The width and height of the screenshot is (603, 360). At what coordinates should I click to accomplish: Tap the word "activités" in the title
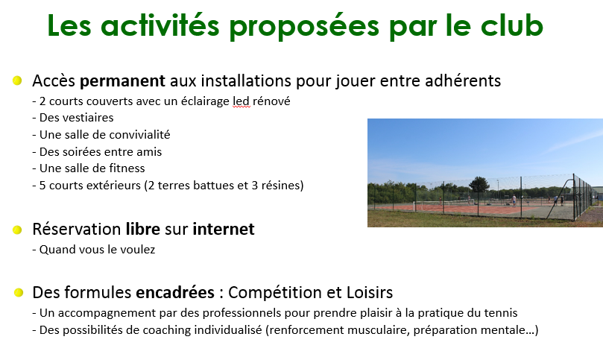(160, 26)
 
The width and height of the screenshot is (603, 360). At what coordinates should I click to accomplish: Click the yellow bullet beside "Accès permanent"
(17, 80)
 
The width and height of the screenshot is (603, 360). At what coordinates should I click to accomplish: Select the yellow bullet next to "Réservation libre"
(17, 230)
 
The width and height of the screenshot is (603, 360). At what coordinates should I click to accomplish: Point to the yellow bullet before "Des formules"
(19, 293)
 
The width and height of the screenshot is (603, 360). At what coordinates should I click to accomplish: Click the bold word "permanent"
(122, 81)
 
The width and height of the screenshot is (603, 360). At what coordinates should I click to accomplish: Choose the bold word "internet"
(224, 229)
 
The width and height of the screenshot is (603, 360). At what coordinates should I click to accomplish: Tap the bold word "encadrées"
(175, 292)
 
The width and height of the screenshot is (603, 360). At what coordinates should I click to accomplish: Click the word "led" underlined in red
(241, 101)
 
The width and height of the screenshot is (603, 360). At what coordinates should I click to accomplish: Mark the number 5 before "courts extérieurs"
(42, 186)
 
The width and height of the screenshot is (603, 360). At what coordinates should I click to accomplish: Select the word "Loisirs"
(370, 292)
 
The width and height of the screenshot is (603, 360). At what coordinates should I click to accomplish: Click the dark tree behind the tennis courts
(479, 184)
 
